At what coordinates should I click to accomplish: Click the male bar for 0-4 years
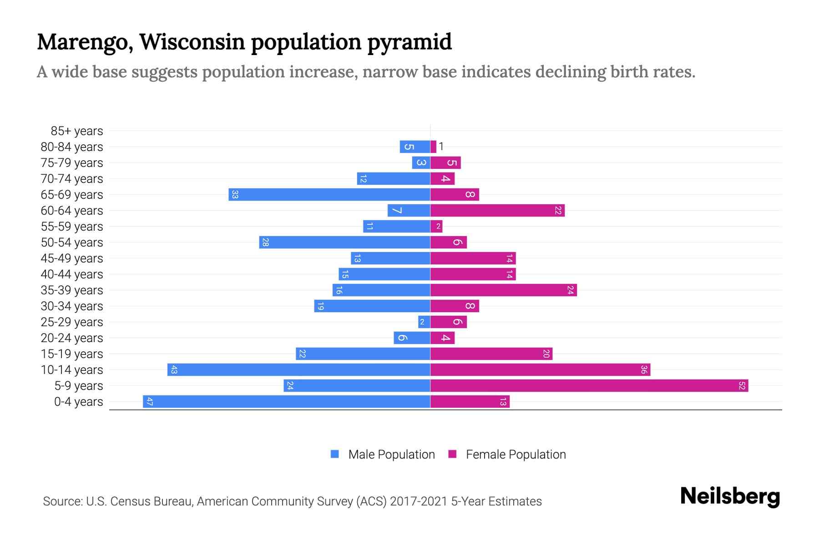coord(287,401)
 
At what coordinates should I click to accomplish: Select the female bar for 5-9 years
coord(589,385)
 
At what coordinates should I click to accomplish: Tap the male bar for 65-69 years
coord(329,194)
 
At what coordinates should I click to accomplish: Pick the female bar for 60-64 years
coord(497,210)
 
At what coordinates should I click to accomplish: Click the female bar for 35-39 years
coord(504,290)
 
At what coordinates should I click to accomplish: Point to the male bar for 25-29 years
coord(424,322)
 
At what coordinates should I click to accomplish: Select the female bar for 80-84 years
coord(433,147)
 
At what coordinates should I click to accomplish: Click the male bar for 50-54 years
coord(344,242)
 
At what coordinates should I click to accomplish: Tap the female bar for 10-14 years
coord(540,369)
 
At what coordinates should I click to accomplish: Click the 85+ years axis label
coord(77,131)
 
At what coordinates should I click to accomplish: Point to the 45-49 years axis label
coord(72,258)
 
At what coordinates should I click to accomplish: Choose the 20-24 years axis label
coord(72,338)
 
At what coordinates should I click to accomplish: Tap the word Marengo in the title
coord(85,42)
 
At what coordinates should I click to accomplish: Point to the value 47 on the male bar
coord(149,401)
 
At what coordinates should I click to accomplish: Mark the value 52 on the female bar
coord(742,385)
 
